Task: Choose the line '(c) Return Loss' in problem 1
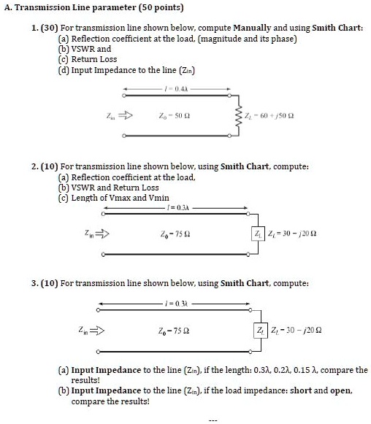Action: click(x=87, y=59)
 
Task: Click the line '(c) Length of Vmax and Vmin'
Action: click(x=113, y=197)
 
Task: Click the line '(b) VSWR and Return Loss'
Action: click(x=108, y=188)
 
